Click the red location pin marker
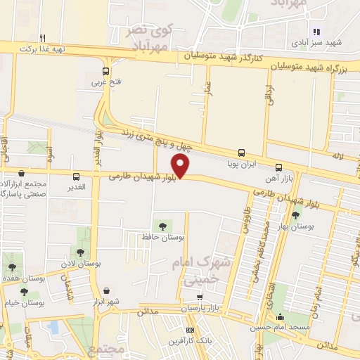[x=181, y=166]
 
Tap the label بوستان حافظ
[x=162, y=238]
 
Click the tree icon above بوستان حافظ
[x=162, y=226]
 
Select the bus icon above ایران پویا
[x=242, y=152]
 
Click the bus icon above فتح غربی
[x=105, y=71]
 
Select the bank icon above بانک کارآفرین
[x=189, y=330]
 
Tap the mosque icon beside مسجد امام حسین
[x=281, y=317]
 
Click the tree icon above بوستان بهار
[x=295, y=215]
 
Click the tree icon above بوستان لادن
[x=80, y=252]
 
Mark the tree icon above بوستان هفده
[x=11, y=267]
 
